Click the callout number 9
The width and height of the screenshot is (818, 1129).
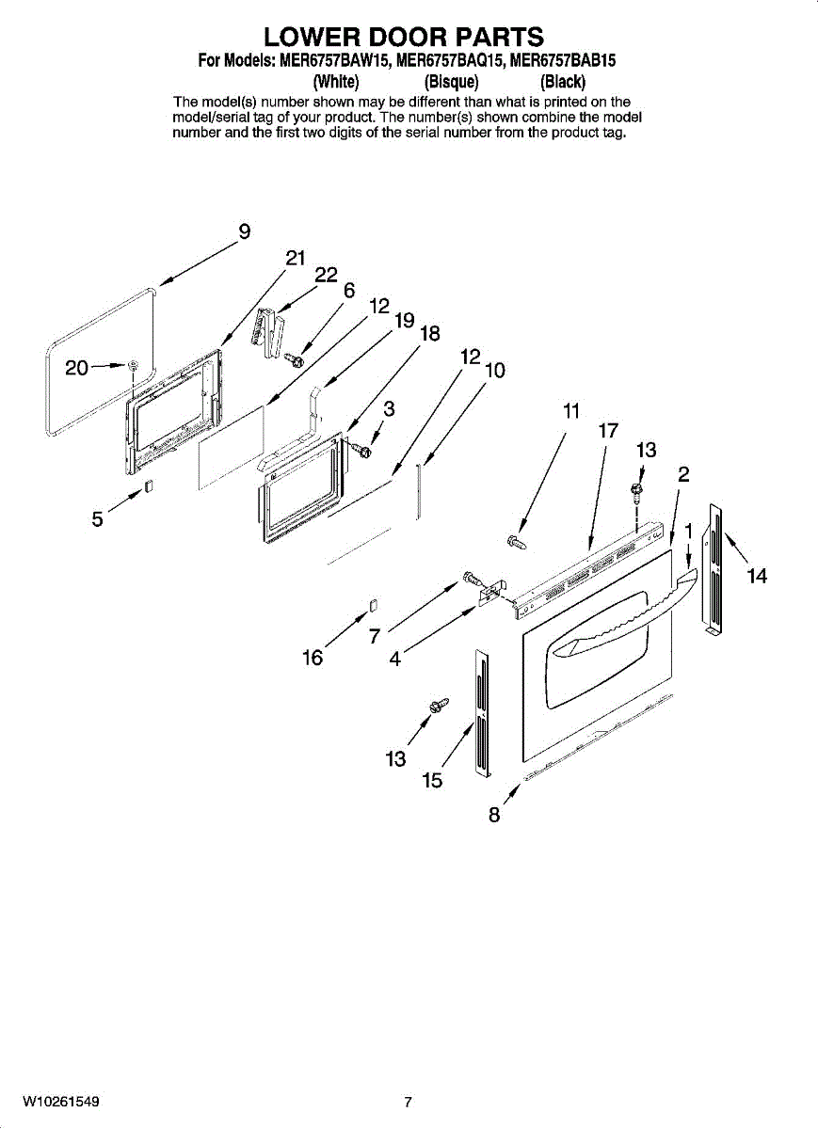coord(244,231)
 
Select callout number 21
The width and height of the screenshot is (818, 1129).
coord(296,260)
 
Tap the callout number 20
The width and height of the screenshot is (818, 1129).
coord(77,368)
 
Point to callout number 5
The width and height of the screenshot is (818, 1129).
coord(97,518)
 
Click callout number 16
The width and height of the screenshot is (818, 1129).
coord(313,658)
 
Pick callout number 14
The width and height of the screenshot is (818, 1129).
coord(757,575)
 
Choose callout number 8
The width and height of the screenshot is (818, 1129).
coord(494,815)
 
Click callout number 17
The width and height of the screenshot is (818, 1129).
coord(608,431)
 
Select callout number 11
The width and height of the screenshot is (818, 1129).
coord(571,410)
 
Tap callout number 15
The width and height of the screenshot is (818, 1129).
coord(432,780)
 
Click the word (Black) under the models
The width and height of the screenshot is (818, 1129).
coord(563,81)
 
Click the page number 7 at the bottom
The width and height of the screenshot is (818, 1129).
coord(408,1102)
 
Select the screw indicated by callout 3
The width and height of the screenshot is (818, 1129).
coord(362,452)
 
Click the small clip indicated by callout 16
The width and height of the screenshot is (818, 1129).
coord(373,604)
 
